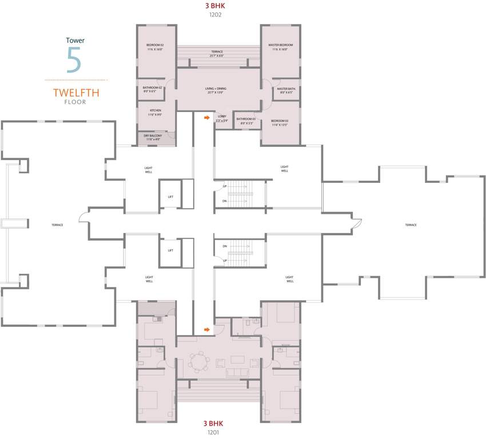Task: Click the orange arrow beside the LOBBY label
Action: coord(206,118)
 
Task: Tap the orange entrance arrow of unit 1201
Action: coord(206,329)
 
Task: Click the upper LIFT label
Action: coord(170,197)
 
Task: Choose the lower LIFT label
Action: coord(170,250)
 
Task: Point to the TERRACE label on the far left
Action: coord(57,225)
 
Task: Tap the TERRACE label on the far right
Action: coord(411,225)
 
